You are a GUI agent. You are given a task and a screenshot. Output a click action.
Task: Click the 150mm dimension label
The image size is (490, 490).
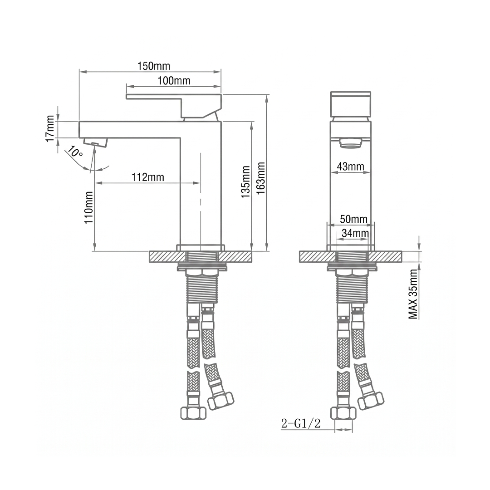pyautogui.click(x=154, y=66)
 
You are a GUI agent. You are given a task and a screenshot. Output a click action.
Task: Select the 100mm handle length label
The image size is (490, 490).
pyautogui.click(x=174, y=81)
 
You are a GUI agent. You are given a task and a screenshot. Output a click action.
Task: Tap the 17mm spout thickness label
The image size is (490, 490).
pyautogui.click(x=50, y=128)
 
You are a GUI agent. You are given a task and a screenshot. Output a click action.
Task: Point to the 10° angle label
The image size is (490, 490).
pyautogui.click(x=75, y=152)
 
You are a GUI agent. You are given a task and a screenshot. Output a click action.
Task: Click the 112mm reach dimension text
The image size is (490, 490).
pyautogui.click(x=148, y=177)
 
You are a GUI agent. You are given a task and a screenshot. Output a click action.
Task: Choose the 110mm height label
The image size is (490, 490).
pyautogui.click(x=89, y=207)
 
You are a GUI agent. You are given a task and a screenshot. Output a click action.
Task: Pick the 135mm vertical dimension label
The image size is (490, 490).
pyautogui.click(x=245, y=182)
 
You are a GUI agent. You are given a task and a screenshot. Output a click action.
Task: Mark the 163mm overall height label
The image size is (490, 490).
pyautogui.click(x=260, y=178)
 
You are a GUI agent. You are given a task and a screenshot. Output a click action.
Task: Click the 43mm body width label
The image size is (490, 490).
pyautogui.click(x=351, y=167)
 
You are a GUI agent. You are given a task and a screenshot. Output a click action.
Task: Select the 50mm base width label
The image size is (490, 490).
pyautogui.click(x=354, y=219)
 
